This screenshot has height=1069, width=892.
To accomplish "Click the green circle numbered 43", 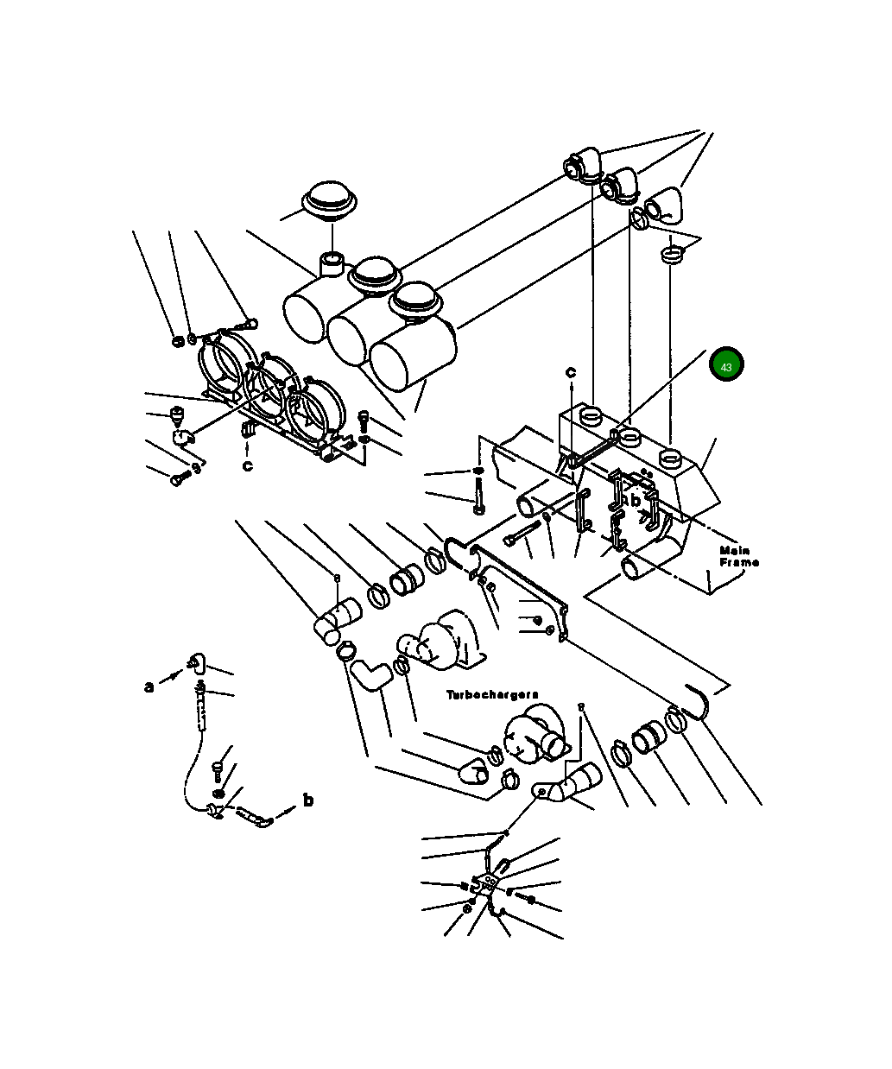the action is point(726,364).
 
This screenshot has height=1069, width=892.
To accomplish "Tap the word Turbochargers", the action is point(492,695).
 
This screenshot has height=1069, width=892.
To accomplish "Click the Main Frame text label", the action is point(739,556).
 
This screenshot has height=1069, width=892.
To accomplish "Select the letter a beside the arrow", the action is point(149,687).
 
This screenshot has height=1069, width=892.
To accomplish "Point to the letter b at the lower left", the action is point(308,800).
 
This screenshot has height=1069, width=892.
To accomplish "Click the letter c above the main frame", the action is point(571,371).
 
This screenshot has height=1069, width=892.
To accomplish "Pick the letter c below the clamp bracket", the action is point(248,466).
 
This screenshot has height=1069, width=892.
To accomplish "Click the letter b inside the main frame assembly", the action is point(635,501).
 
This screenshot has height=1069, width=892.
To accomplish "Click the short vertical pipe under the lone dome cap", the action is point(332,264).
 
